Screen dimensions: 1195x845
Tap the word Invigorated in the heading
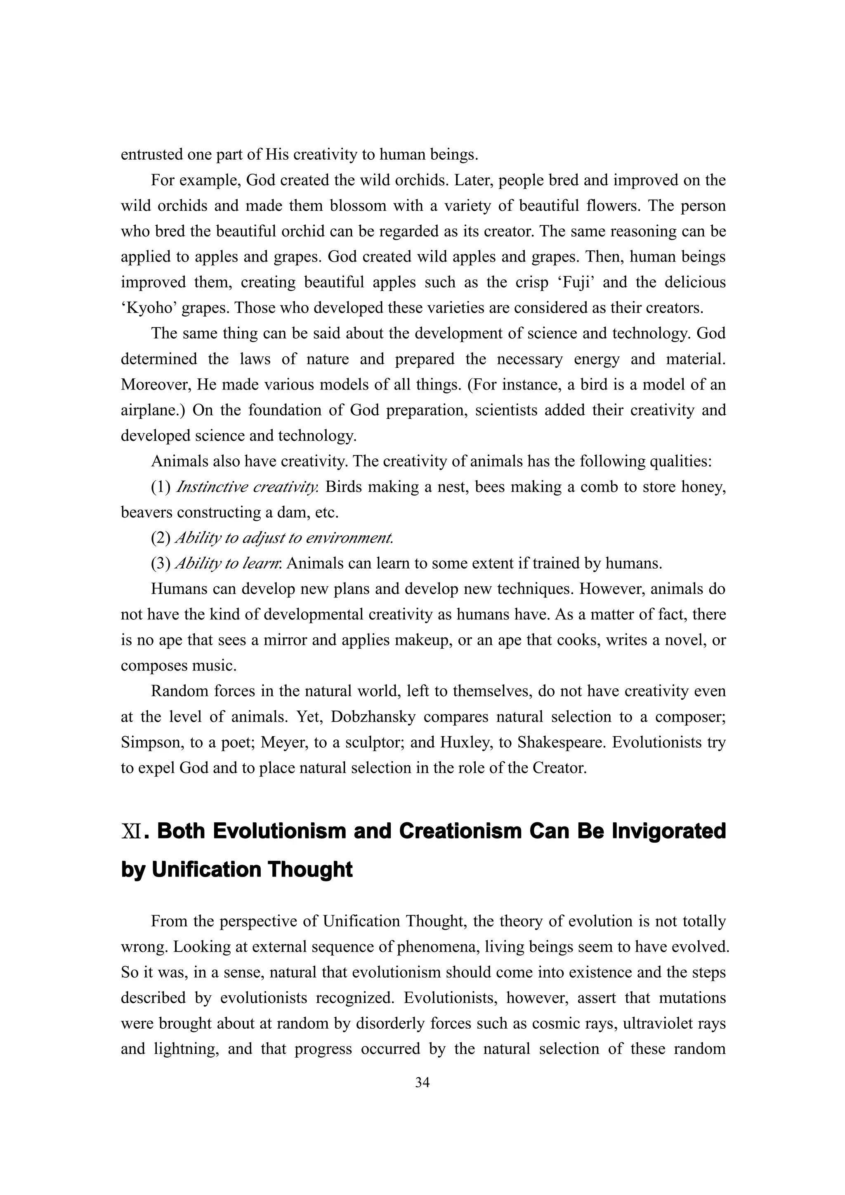tap(668, 831)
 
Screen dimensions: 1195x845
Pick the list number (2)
tap(161, 538)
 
